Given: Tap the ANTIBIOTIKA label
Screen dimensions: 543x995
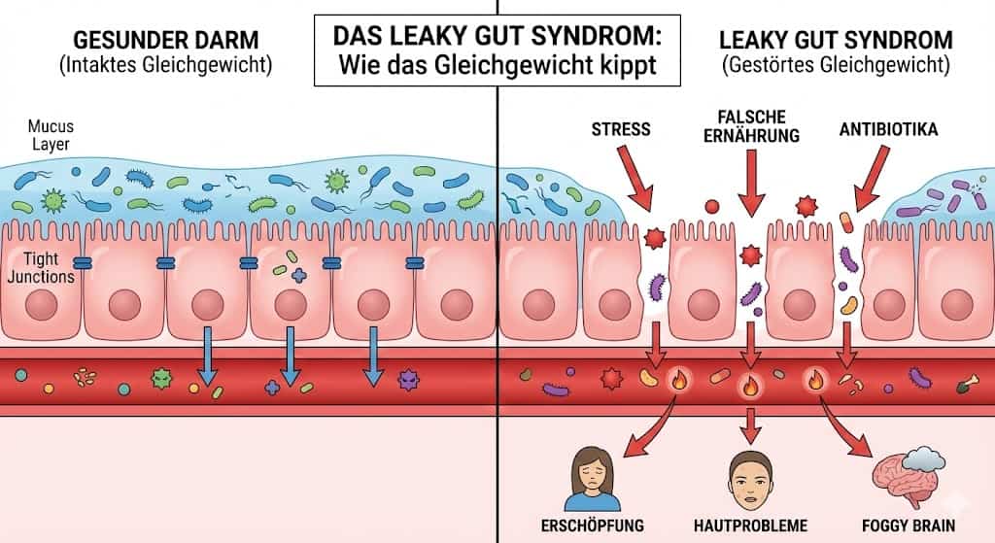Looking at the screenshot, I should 889,128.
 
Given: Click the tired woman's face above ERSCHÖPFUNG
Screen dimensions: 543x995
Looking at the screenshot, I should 591,470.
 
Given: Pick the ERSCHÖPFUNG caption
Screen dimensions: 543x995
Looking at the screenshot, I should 591,526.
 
